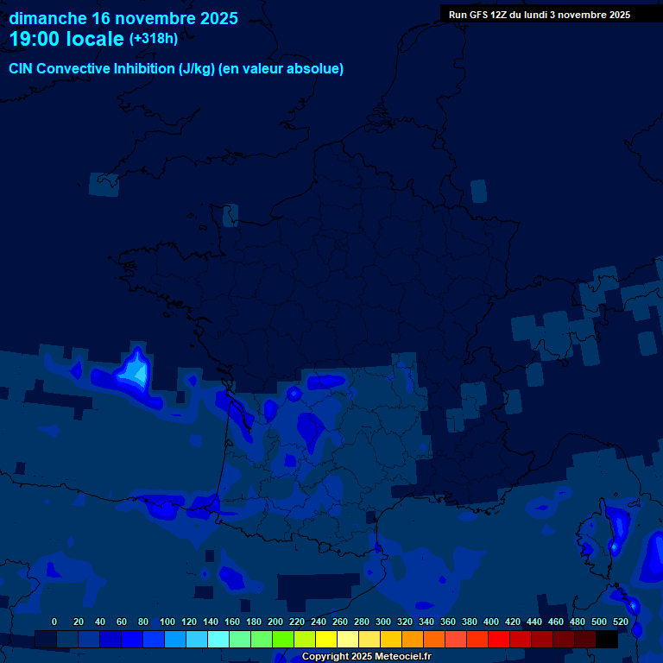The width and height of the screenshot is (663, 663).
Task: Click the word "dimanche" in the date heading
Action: [x=47, y=18]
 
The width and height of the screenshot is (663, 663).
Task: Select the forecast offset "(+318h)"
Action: [x=153, y=39]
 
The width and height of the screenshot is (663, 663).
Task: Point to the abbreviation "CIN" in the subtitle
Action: [x=22, y=69]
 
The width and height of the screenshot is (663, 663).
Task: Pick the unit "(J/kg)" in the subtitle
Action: [x=198, y=69]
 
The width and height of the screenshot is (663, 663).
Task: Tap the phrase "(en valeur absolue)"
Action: [x=282, y=69]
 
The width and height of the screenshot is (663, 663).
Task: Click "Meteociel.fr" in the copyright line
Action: [x=402, y=657]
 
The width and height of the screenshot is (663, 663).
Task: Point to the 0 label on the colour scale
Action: [x=54, y=622]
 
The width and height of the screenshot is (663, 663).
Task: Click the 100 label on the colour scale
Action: [x=167, y=622]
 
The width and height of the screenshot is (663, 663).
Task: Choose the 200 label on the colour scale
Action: [x=275, y=622]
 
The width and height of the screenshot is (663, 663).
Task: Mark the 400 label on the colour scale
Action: [x=491, y=622]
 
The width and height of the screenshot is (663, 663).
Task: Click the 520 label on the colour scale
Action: [x=620, y=622]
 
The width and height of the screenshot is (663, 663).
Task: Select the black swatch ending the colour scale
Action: [x=607, y=639]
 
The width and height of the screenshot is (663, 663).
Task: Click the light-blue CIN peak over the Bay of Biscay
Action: [x=134, y=371]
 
